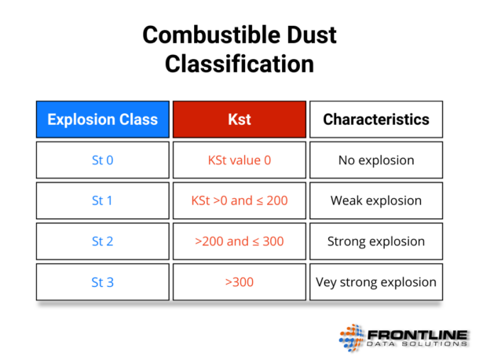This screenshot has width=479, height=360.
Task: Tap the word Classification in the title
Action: pyautogui.click(x=239, y=64)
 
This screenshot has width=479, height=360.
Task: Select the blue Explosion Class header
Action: pyautogui.click(x=102, y=119)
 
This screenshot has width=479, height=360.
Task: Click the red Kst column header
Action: pyautogui.click(x=239, y=119)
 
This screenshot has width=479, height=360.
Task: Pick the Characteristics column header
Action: pyautogui.click(x=376, y=119)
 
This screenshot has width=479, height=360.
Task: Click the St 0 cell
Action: pyautogui.click(x=102, y=160)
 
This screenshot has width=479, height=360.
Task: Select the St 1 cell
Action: pyautogui.click(x=102, y=200)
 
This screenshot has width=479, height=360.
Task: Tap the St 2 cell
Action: pyautogui.click(x=102, y=241)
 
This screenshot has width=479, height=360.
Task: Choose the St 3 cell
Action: pyautogui.click(x=102, y=281)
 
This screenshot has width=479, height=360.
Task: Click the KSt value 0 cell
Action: pyautogui.click(x=239, y=160)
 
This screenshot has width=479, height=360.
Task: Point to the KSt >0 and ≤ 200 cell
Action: pyautogui.click(x=239, y=200)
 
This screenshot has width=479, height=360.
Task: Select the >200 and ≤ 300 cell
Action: pyautogui.click(x=239, y=241)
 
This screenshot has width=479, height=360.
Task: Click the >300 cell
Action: pyautogui.click(x=239, y=281)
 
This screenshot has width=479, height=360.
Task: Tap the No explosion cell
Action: pyautogui.click(x=376, y=160)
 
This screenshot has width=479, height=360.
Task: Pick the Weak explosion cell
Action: pyautogui.click(x=376, y=200)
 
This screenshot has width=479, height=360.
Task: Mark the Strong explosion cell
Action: pyautogui.click(x=376, y=241)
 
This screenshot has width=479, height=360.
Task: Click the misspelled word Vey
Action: pyautogui.click(x=327, y=281)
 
